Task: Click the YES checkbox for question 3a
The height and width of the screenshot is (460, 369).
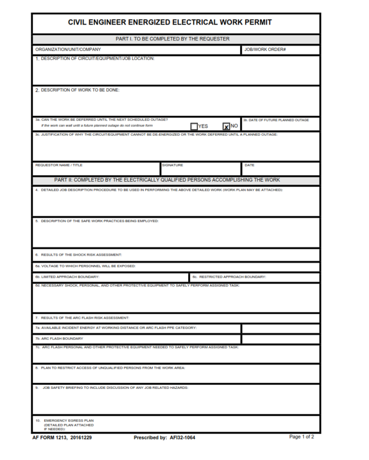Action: pyautogui.click(x=194, y=126)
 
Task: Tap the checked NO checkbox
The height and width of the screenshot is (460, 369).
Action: pyautogui.click(x=226, y=126)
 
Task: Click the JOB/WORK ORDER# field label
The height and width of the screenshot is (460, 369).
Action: pyautogui.click(x=265, y=50)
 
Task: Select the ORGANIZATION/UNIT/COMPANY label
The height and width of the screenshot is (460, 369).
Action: pyautogui.click(x=68, y=50)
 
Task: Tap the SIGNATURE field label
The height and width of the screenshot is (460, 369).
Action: pyautogui.click(x=172, y=165)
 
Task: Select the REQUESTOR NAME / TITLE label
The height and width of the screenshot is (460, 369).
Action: pyautogui.click(x=59, y=165)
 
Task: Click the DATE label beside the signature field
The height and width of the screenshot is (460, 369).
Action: pyautogui.click(x=249, y=165)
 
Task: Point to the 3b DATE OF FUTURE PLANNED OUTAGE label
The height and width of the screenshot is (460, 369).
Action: pyautogui.click(x=276, y=120)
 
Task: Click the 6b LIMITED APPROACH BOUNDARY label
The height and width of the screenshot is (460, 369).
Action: pyautogui.click(x=67, y=277)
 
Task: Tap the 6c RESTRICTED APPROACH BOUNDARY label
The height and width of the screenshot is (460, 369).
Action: pyautogui.click(x=229, y=277)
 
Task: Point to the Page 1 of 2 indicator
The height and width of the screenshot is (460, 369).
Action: pyautogui.click(x=301, y=437)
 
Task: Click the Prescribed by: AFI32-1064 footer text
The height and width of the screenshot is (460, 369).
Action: pyautogui.click(x=164, y=437)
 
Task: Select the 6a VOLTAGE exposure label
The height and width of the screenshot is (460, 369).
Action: pyautogui.click(x=85, y=266)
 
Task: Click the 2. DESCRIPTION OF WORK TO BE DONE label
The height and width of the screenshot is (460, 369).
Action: pyautogui.click(x=77, y=90)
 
